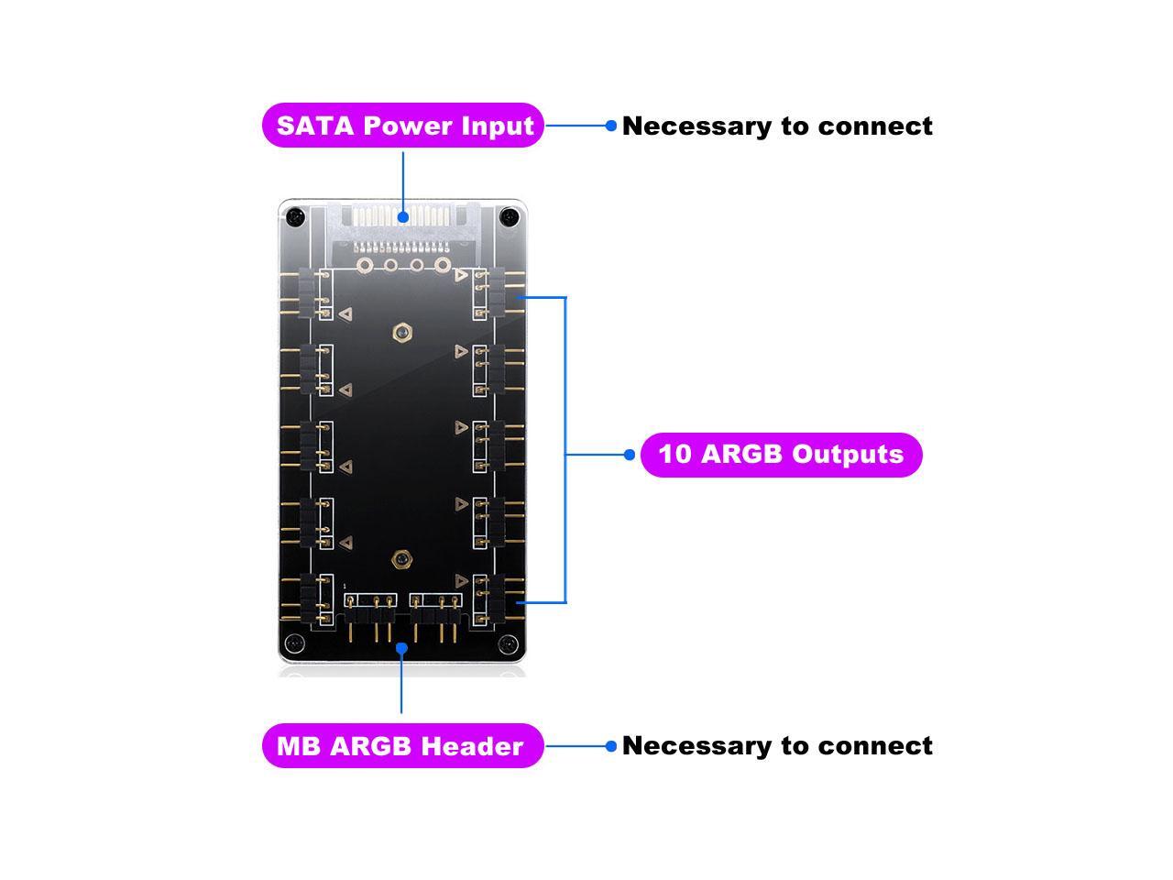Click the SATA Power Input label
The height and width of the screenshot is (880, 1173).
click(403, 126)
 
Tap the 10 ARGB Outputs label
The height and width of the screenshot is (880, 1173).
click(781, 455)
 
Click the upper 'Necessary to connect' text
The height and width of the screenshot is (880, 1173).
click(777, 126)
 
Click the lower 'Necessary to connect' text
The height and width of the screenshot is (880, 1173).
click(777, 746)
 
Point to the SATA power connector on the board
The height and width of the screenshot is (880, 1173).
click(403, 229)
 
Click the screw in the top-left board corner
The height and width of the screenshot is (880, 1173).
click(293, 217)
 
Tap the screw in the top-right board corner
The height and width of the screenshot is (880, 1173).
click(510, 217)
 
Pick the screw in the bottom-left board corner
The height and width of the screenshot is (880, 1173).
click(293, 642)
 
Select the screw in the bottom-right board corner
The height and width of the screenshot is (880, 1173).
click(510, 645)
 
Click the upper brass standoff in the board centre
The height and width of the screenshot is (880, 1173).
click(400, 332)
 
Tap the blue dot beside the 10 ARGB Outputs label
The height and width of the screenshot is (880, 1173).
click(629, 455)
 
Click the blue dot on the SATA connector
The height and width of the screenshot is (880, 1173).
click(403, 217)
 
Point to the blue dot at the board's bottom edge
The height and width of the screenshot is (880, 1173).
click(401, 648)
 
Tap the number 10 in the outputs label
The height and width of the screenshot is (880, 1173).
click(674, 455)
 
